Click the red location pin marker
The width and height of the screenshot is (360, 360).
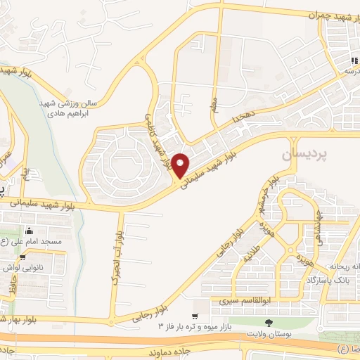coord(181,166)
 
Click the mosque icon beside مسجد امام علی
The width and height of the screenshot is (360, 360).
coord(30,231)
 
